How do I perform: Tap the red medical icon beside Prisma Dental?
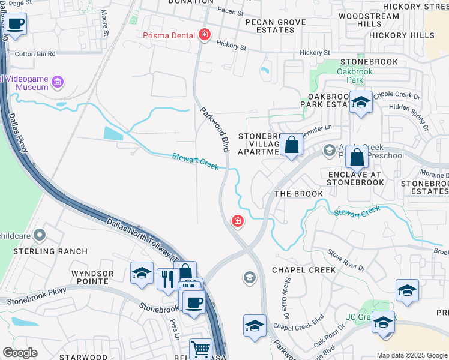(x=205, y=35)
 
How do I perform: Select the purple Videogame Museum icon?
(x=58, y=81)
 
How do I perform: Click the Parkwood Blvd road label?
(x=215, y=128)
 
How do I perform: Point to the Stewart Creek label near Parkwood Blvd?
(x=195, y=161)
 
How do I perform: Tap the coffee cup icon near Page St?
(x=16, y=25)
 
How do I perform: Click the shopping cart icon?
(x=200, y=348)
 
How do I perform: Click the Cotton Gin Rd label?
(x=35, y=54)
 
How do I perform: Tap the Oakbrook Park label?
(x=354, y=75)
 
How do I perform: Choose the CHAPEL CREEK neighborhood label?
(x=304, y=270)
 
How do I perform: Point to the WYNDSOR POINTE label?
(x=92, y=277)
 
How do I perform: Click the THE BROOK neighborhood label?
(x=298, y=194)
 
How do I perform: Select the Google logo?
(x=20, y=353)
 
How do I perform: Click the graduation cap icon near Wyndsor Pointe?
(x=142, y=274)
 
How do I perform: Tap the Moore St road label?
(x=104, y=22)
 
